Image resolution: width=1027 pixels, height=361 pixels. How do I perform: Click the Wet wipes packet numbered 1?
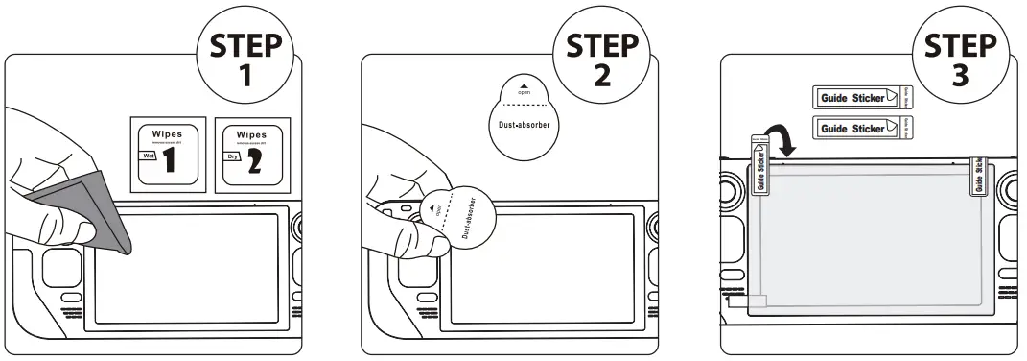pyautogui.click(x=168, y=155)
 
